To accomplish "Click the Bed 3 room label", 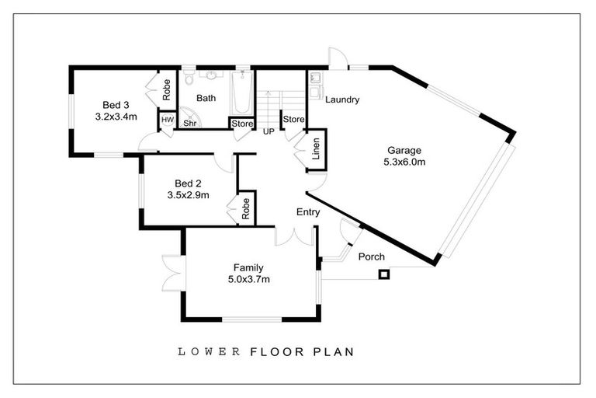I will [116, 105].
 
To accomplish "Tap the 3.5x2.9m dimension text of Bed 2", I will [188, 196].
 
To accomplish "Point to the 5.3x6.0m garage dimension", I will [404, 162].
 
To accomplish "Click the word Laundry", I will [341, 99].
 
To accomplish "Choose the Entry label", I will [308, 211].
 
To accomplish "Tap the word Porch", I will [371, 257].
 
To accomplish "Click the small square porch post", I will [383, 274].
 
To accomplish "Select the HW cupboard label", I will [167, 121].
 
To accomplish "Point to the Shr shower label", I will [189, 123].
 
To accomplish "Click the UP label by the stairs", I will [269, 131].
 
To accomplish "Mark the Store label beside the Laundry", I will [293, 119].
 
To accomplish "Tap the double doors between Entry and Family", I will [295, 236].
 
